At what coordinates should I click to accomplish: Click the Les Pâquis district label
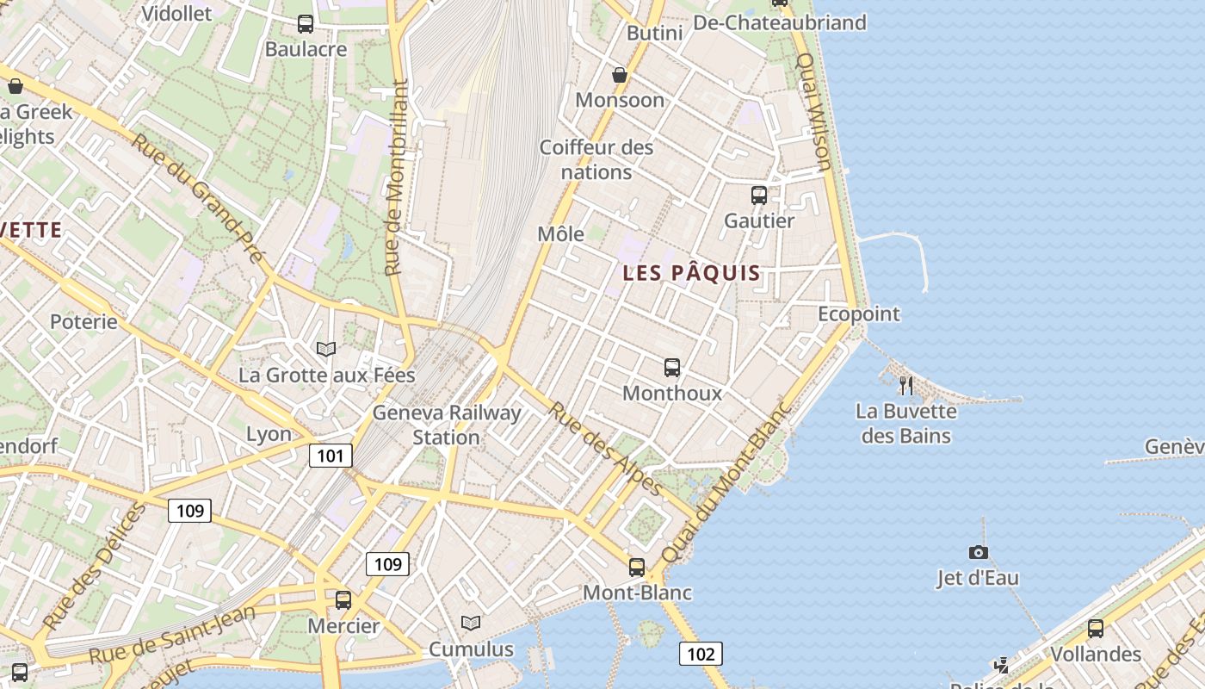691,274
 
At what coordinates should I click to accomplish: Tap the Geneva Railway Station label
446,425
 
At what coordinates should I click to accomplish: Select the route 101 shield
331,456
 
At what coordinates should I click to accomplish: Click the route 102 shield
701,654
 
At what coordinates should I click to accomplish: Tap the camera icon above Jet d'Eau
978,552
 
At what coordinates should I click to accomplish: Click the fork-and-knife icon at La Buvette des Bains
905,385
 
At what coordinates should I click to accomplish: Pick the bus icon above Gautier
758,196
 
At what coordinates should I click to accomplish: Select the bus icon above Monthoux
672,368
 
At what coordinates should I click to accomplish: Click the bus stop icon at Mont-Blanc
637,567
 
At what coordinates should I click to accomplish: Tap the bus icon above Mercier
343,599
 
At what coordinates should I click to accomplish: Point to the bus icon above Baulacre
306,24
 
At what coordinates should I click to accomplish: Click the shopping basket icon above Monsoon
619,75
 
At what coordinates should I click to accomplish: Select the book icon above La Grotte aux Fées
325,349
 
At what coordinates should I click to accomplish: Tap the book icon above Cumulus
470,623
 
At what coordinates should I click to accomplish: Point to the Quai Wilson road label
813,111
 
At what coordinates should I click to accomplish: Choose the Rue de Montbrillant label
397,178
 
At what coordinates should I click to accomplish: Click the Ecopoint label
858,313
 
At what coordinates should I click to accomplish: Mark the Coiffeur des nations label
596,159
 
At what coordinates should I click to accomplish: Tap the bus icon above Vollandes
1095,629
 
